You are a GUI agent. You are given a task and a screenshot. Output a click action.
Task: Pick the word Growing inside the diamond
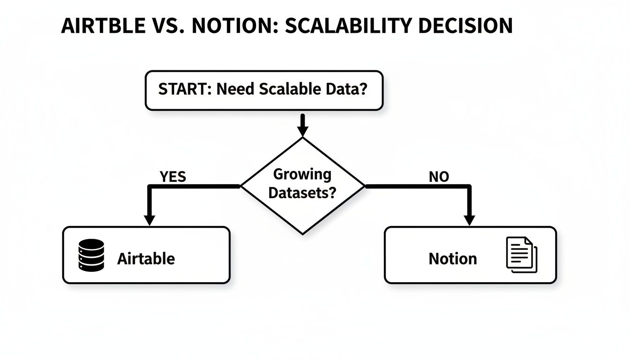pyautogui.click(x=302, y=175)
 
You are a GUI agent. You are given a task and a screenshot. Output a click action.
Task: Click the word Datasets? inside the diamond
pyautogui.click(x=302, y=193)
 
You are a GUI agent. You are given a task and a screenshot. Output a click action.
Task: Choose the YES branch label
pyautogui.click(x=172, y=177)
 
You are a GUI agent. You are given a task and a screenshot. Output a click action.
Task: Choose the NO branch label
pyautogui.click(x=439, y=177)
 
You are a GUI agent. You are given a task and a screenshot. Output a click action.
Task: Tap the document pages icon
pyautogui.click(x=522, y=255)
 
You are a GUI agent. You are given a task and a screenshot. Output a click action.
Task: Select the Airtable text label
pyautogui.click(x=146, y=259)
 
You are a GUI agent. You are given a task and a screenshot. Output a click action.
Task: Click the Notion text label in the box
pyautogui.click(x=452, y=259)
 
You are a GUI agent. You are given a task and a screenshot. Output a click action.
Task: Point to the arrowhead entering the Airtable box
pyautogui.click(x=150, y=220)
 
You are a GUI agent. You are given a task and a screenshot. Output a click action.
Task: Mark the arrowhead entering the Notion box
pyautogui.click(x=469, y=220)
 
